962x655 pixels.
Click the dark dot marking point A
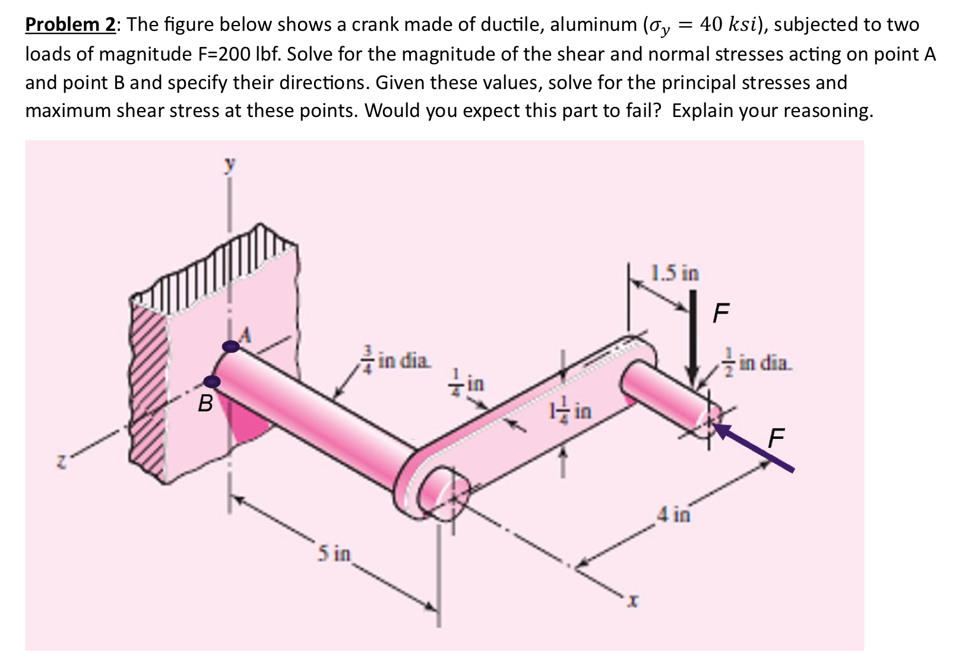point(230,347)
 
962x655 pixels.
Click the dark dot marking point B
point(212,381)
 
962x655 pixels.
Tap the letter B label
point(205,404)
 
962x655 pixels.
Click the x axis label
point(633,603)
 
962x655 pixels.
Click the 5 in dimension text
point(333,554)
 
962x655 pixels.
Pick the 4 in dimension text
point(673,514)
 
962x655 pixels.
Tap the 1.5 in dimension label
point(675,274)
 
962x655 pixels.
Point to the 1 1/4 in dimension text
point(570,410)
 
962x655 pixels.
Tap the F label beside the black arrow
point(720,313)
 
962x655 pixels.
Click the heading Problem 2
point(70,25)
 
